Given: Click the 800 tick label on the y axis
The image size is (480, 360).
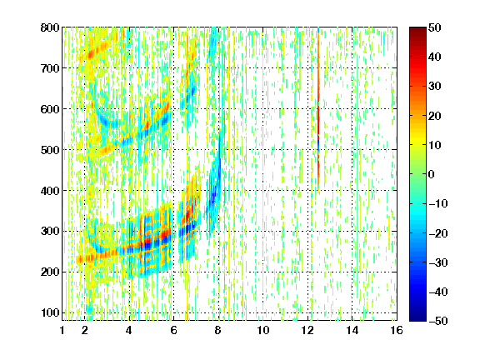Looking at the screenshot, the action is pos(50,27).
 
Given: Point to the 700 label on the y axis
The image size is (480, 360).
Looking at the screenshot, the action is pos(50,68).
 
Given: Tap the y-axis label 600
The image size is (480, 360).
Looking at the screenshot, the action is pos(50,109).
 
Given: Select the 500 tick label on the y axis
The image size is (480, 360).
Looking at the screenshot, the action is pos(50,150).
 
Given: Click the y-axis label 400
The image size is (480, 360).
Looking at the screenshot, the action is pos(50,191).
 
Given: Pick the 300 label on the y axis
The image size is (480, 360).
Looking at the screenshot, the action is pos(50,232).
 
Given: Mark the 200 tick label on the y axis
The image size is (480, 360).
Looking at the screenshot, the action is pos(50,272).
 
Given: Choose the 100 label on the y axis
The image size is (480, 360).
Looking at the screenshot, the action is pos(50,312).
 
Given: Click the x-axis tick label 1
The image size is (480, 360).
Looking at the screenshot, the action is pos(62,331).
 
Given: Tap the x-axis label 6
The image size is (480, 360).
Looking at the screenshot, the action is pos(173,331).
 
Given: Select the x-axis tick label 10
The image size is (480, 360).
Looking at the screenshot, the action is pos(262,331).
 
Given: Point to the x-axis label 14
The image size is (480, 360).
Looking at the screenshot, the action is pos(352,331).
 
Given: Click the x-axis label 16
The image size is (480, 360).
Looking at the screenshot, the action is pos(397,331).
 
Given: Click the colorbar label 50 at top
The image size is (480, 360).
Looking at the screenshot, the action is pos(434,27).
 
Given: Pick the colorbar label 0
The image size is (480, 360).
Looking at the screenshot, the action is pos(432,174).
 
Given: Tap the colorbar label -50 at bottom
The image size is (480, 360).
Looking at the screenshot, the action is pos(438,321).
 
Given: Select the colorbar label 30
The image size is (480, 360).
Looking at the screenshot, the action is pos(434,87).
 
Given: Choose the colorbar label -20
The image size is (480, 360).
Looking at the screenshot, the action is pos(438,233).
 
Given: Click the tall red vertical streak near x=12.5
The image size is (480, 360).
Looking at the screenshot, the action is pos(318,110).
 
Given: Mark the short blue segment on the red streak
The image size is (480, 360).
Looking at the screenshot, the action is pos(318,145).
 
